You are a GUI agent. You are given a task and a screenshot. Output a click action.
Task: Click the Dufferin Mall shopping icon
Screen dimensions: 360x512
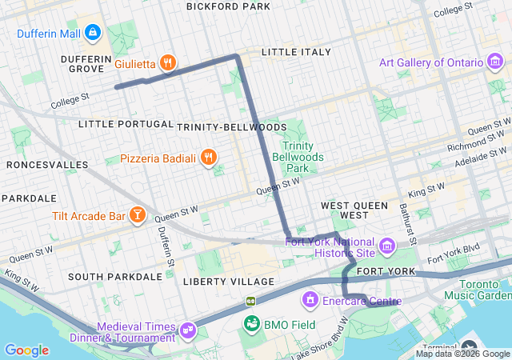(93, 33)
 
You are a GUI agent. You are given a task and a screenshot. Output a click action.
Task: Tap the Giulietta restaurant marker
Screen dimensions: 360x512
(167, 62)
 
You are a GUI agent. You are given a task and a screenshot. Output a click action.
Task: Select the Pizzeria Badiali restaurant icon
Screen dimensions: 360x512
(208, 158)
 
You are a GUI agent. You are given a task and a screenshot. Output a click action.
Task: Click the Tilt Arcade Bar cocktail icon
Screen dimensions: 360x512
(138, 216)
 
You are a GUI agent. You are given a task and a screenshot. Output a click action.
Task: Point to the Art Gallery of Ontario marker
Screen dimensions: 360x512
(496, 62)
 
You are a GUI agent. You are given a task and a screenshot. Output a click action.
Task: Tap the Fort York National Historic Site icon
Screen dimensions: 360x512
(388, 246)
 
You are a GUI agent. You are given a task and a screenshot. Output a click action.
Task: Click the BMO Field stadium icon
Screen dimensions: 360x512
(251, 323)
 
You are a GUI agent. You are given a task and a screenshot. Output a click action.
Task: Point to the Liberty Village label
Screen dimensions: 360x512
(228, 282)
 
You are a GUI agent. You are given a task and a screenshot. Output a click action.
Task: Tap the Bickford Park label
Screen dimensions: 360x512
(228, 6)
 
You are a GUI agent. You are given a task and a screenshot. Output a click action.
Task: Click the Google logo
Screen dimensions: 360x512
(26, 350)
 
